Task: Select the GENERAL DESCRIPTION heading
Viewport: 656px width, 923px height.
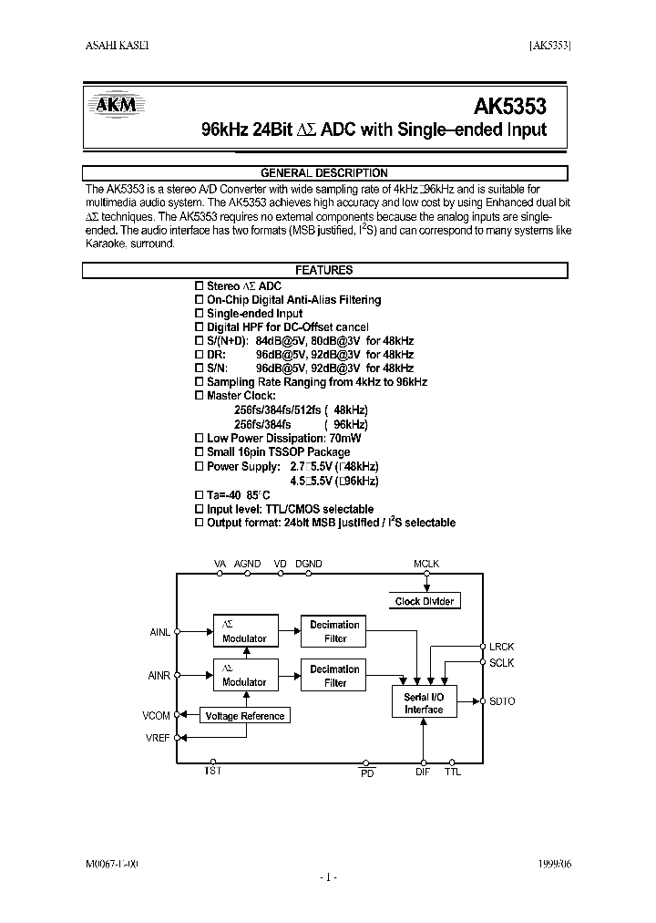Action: [324, 173]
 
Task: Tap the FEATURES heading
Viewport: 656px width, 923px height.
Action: [324, 271]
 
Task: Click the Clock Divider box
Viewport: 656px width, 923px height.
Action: [424, 601]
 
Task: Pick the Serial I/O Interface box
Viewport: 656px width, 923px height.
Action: [424, 703]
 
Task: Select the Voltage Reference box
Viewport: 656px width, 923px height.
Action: [245, 716]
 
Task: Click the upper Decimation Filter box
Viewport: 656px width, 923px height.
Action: [334, 631]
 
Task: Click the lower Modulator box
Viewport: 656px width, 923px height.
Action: [244, 676]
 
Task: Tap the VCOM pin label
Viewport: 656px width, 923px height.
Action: [156, 716]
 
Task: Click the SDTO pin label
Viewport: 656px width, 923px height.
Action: [502, 701]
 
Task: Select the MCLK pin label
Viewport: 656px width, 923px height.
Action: [426, 565]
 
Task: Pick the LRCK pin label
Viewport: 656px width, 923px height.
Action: [502, 647]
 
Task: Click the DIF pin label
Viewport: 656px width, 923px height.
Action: [423, 773]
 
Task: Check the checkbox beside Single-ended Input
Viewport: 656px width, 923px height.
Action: [200, 314]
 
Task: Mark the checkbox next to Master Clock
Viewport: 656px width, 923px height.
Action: [200, 397]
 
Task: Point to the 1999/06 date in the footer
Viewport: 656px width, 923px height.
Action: [557, 864]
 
